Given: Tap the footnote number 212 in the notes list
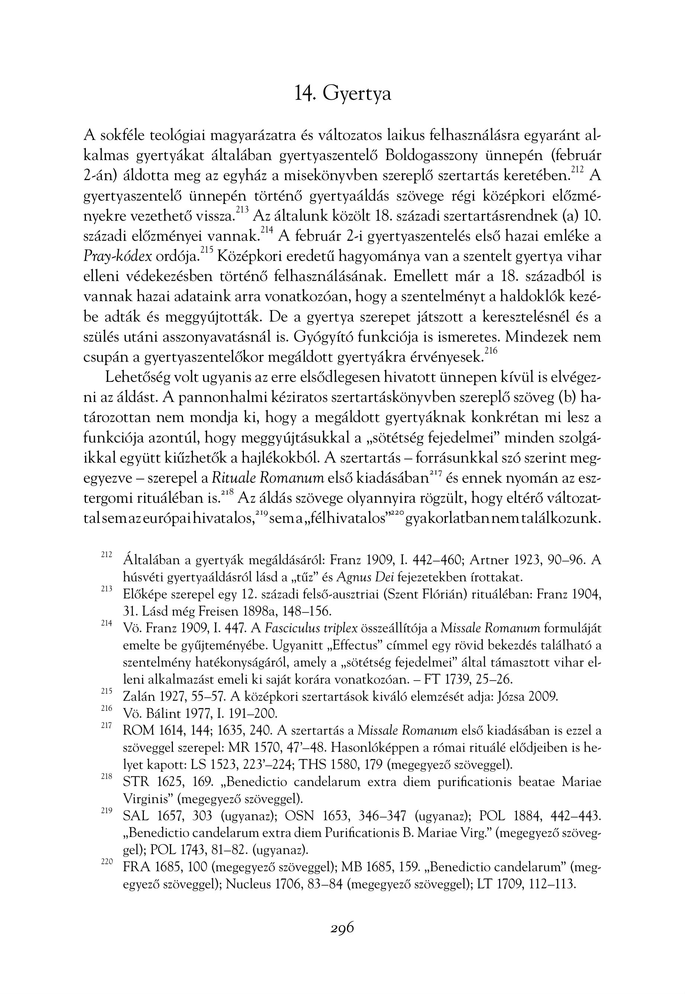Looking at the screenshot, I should tap(106, 554).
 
